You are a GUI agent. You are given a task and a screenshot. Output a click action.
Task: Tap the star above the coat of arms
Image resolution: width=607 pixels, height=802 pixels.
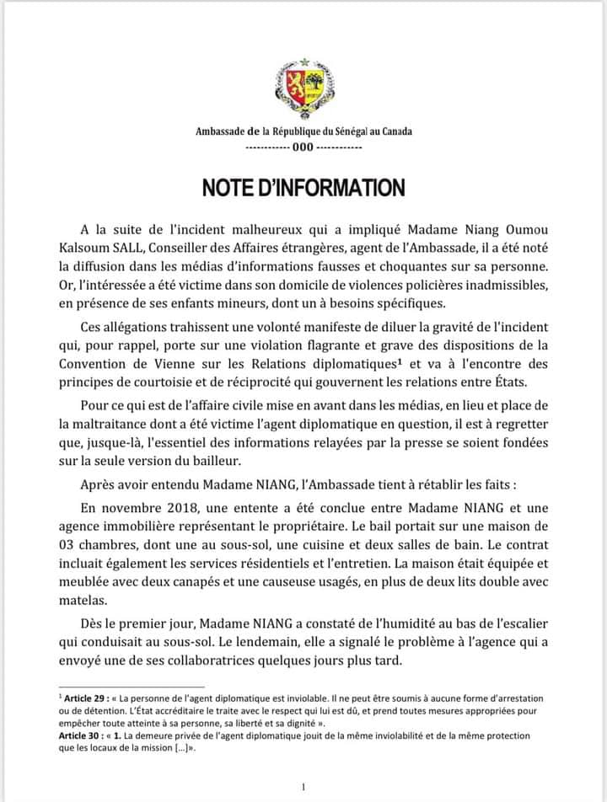[x=303, y=63]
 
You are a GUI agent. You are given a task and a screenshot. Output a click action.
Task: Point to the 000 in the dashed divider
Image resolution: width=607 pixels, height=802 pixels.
[x=303, y=147]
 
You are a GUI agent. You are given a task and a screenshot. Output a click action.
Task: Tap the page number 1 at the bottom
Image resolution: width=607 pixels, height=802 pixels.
[x=303, y=787]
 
